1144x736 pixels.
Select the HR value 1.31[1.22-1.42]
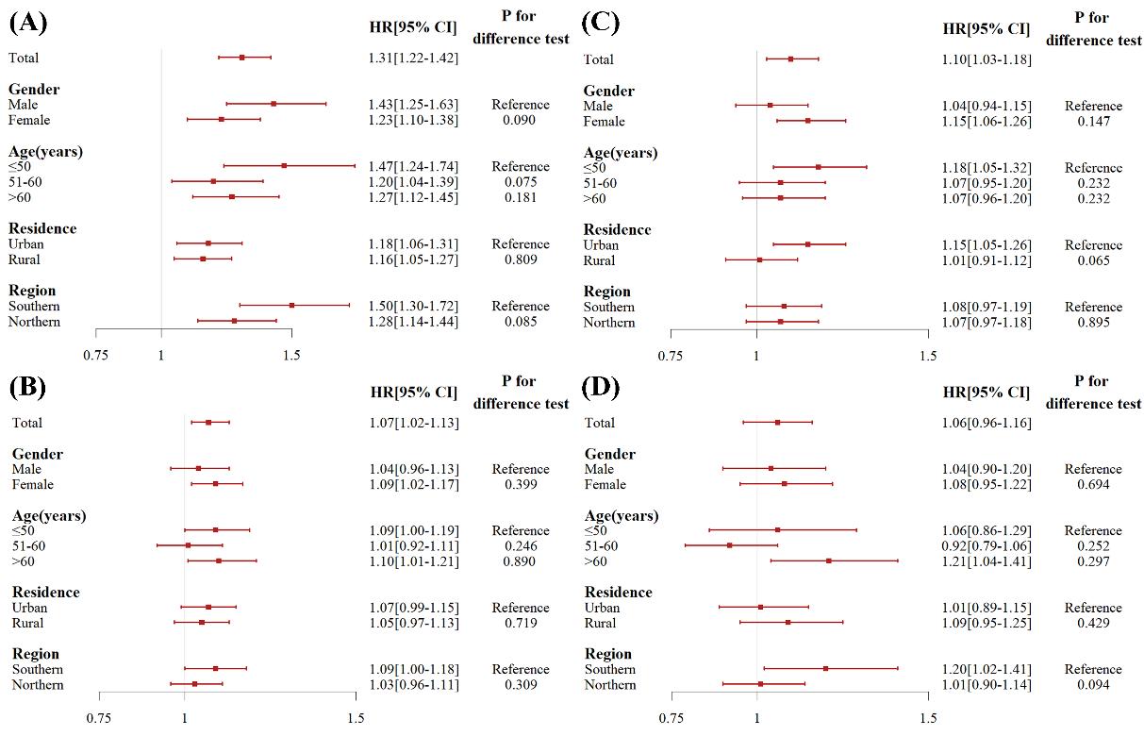(x=413, y=58)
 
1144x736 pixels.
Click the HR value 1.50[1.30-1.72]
(x=413, y=306)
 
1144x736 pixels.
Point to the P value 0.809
(x=520, y=259)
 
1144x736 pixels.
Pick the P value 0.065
(x=1093, y=260)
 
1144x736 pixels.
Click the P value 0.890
(x=520, y=561)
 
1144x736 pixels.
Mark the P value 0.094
(x=1093, y=685)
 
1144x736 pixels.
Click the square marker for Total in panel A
(x=242, y=58)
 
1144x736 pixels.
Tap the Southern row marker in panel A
(x=291, y=305)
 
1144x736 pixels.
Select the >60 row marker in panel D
(x=829, y=560)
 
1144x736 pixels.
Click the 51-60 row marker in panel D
(x=729, y=545)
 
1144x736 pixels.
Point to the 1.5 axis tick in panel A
(x=291, y=355)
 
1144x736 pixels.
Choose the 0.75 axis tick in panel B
(x=99, y=718)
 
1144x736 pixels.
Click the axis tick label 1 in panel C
(x=756, y=356)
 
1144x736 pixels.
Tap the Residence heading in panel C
(x=617, y=229)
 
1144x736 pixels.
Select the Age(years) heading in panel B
(x=49, y=515)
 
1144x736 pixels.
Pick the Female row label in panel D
(x=605, y=484)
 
